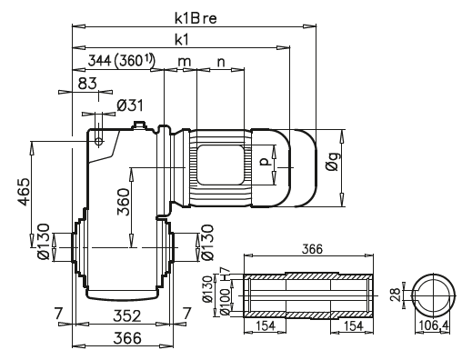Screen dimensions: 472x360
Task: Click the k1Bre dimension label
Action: (196, 18)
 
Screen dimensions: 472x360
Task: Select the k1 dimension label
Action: (181, 39)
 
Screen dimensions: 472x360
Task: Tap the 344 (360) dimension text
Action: (121, 61)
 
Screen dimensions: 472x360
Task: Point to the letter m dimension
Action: (184, 62)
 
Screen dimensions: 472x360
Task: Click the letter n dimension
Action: (222, 62)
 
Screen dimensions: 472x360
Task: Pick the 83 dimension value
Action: (87, 83)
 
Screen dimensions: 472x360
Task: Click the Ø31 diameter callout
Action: (130, 105)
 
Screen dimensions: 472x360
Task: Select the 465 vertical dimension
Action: (24, 192)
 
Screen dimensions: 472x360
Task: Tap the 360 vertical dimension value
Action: (124, 202)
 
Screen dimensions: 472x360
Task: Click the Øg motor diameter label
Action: (334, 161)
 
